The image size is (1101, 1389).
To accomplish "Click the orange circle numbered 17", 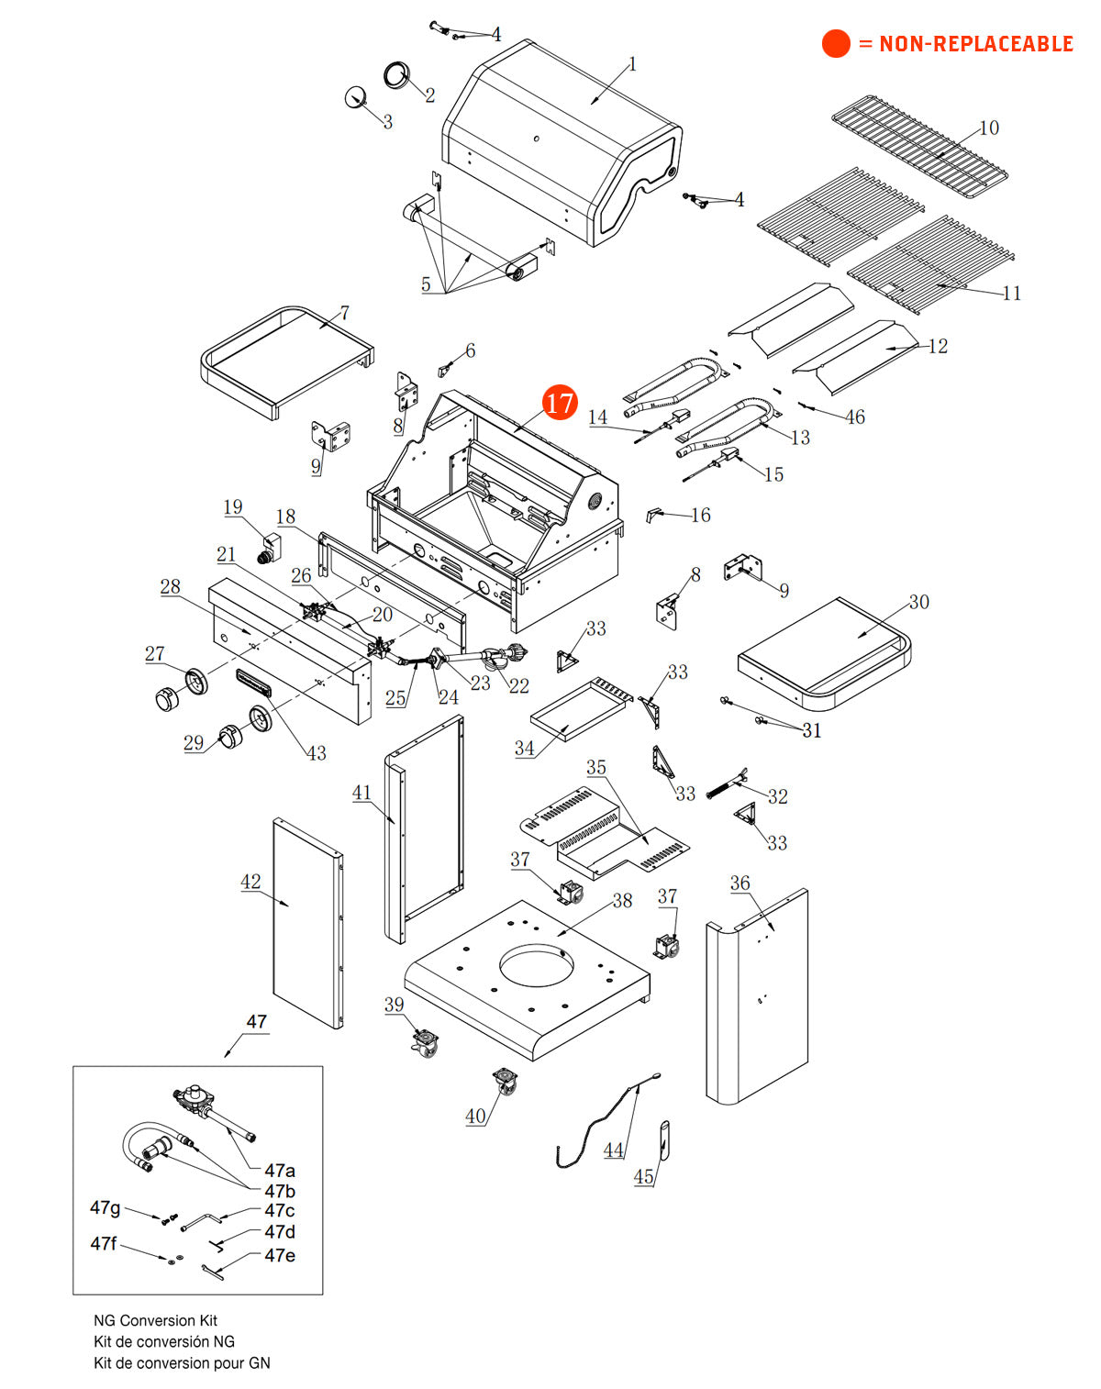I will (x=560, y=402).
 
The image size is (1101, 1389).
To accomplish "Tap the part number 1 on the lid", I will (x=632, y=64).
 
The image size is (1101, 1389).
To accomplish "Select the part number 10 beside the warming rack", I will (x=989, y=128).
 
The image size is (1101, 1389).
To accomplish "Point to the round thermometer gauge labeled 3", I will (x=355, y=96).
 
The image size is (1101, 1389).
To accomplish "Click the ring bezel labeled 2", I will (x=397, y=75).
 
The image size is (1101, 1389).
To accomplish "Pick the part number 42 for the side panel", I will (x=250, y=882).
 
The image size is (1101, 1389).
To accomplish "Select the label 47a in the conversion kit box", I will (x=280, y=1170).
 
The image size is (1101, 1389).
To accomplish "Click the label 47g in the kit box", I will (x=105, y=1207).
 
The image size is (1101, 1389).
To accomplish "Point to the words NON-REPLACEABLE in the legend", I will (x=975, y=43).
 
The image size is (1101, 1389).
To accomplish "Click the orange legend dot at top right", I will (x=836, y=43).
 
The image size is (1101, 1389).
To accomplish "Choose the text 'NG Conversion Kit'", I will (x=155, y=1320).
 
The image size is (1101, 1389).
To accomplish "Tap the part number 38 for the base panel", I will (x=622, y=900).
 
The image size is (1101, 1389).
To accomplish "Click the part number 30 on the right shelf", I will (x=918, y=602).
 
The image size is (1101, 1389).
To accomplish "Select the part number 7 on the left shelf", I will (x=344, y=313).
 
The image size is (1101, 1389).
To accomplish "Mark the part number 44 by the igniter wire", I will (x=613, y=1150).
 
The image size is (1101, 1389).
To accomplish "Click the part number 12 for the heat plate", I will (x=938, y=346).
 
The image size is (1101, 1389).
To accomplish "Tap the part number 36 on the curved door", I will (x=740, y=883).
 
